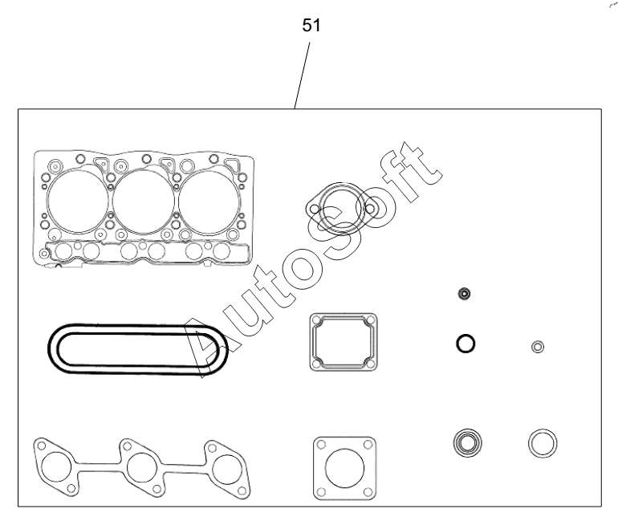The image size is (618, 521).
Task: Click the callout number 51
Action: tap(311, 26)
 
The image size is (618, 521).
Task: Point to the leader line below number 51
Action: tap(302, 75)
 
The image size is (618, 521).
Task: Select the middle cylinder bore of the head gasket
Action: tap(144, 201)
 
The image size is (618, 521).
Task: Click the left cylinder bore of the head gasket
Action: tap(78, 201)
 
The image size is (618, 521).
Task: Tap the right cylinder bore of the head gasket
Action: tap(209, 201)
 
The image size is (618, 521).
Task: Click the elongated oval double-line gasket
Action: tap(138, 326)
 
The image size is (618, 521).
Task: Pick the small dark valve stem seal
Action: tap(464, 294)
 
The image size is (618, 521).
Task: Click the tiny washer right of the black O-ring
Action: tap(538, 347)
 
